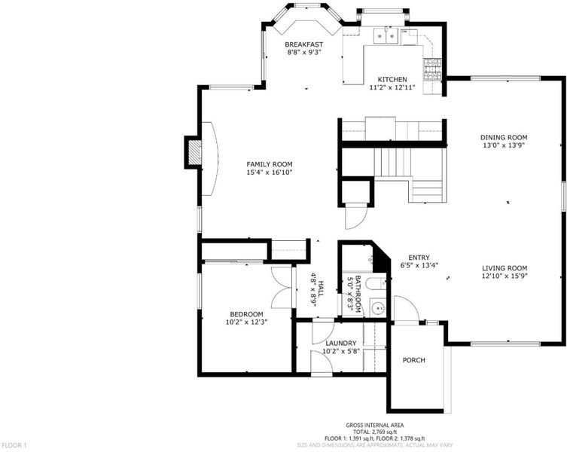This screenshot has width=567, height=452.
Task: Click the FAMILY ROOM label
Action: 270,164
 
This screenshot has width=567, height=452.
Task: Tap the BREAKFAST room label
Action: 303,44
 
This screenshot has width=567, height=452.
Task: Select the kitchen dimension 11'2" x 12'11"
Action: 392,87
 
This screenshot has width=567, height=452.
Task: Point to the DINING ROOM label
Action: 504,138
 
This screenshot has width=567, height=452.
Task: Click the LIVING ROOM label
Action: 505,268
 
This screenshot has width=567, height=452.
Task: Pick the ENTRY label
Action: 419,258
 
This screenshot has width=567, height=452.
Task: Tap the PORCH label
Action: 414,360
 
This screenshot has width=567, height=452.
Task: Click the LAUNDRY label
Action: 341,343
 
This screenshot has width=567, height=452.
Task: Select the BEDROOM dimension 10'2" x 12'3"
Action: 246,322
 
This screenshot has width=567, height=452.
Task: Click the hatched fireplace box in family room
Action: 195,151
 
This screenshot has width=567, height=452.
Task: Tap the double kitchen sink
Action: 386,36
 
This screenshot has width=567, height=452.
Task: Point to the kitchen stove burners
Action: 432,70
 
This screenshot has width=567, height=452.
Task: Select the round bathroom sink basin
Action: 379,308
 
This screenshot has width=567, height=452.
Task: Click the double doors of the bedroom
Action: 281,288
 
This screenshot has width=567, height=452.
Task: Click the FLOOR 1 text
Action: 14,445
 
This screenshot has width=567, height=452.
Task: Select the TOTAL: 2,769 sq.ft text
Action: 375,432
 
